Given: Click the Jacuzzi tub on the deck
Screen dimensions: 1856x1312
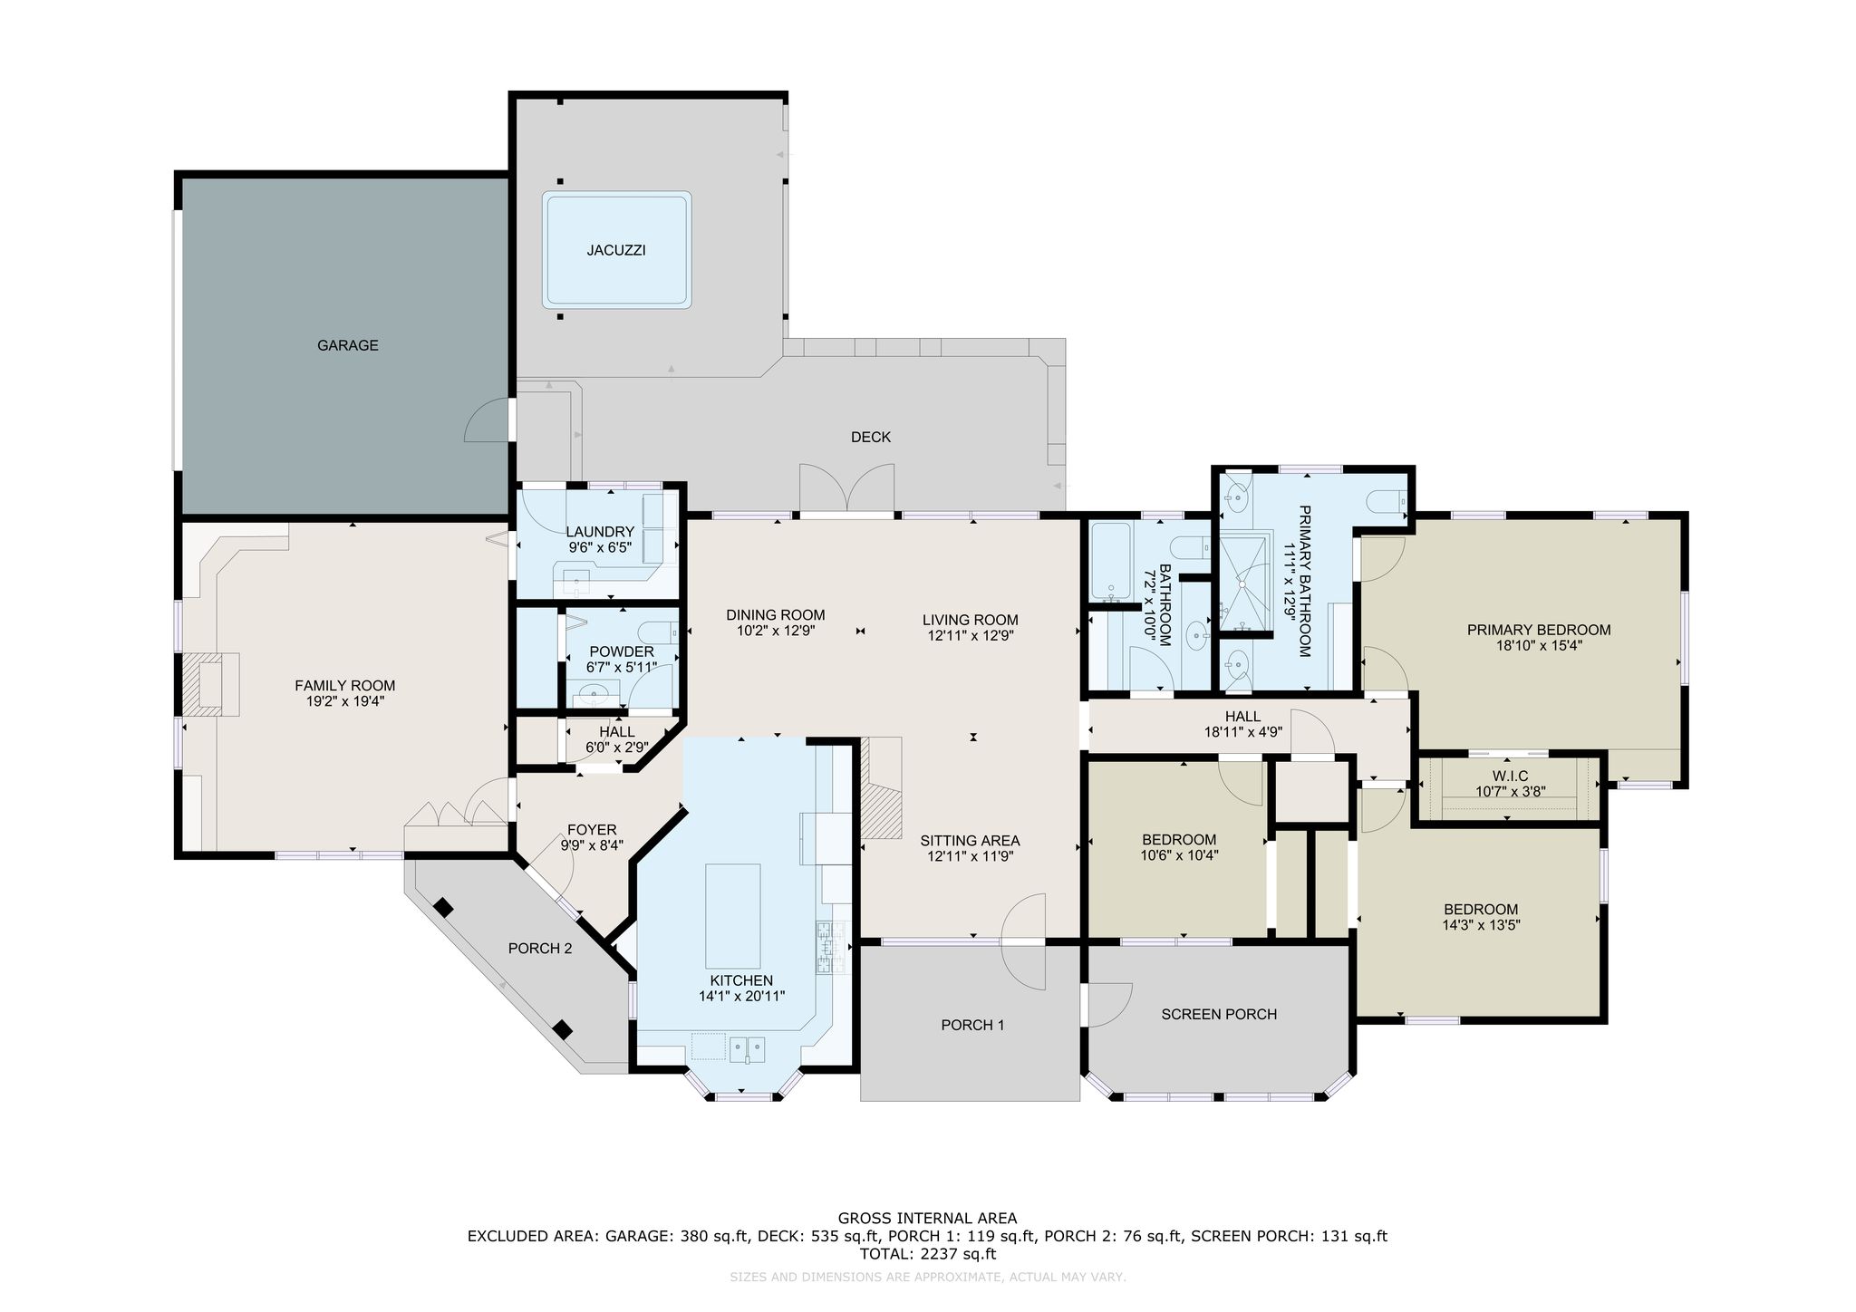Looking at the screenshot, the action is point(616,249).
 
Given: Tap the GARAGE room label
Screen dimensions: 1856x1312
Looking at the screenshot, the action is point(348,345).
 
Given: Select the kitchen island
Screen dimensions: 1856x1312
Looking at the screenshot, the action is point(733,916).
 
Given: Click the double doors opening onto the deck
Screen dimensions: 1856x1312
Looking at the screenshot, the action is point(847,489).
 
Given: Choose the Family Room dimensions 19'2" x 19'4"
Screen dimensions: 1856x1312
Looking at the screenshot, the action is point(345,700).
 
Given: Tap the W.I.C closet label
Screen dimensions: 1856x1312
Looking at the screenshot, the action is point(1510,777).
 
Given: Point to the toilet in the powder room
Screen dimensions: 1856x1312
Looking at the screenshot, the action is point(658,632).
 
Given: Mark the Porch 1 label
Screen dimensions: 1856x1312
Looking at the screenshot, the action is point(972,1025).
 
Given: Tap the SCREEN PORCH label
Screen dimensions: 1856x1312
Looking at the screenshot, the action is point(1219,1014).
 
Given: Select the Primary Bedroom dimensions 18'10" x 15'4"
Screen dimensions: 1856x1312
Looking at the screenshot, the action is point(1539,646).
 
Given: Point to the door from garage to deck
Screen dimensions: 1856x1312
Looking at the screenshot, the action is point(488,420).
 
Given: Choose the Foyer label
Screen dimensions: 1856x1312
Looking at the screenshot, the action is point(592,829).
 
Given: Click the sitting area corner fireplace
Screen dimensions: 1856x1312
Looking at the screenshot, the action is point(881,787).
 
